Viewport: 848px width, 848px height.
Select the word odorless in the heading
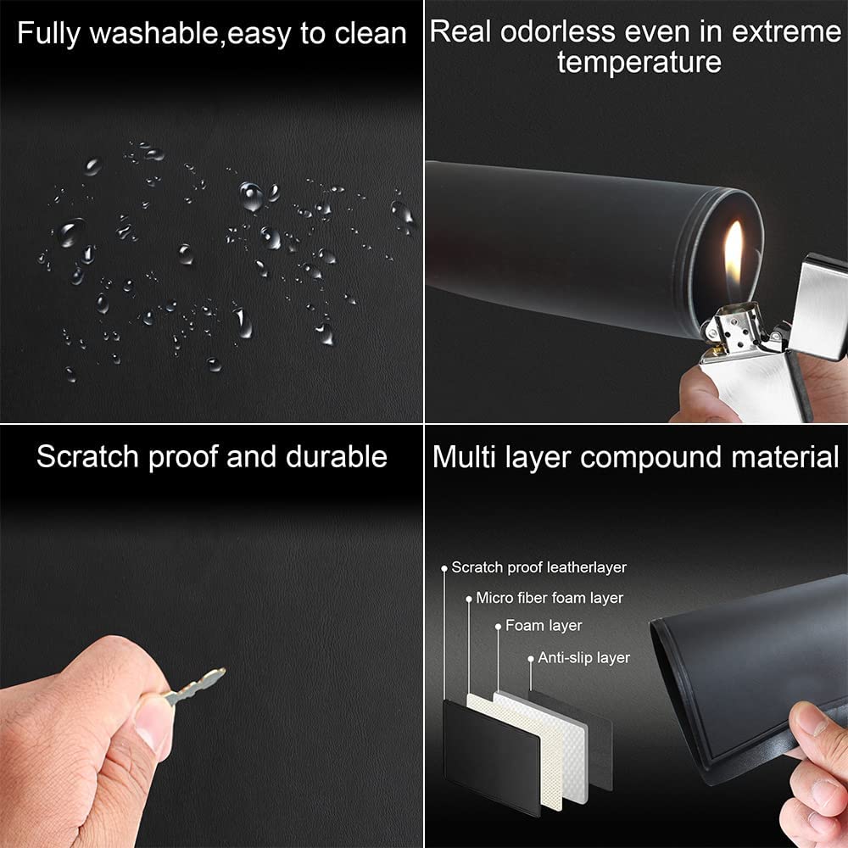pos(558,31)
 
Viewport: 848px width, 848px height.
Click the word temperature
pos(639,62)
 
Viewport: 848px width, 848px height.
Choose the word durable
pos(336,456)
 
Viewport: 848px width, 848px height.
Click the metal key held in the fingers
pos(195,686)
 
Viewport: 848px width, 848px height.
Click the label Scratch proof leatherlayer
pos(538,567)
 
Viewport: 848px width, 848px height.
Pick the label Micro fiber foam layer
pos(550,598)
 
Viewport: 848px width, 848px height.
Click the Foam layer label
pos(544,626)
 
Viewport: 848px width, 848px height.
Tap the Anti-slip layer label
pos(584,658)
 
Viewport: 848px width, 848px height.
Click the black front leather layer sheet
pos(491,757)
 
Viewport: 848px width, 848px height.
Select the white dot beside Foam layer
pos(498,627)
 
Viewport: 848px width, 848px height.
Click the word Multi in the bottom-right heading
pos(464,458)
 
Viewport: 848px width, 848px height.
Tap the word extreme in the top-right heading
pos(787,31)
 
